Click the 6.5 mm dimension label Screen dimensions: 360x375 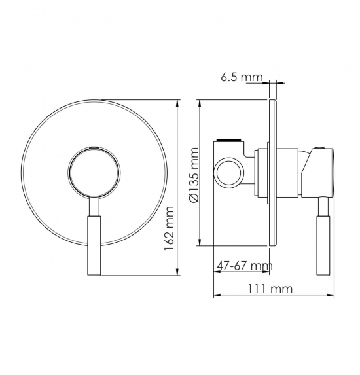(242, 77)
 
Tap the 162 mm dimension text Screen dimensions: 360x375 (169, 228)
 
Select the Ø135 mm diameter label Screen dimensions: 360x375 (194, 175)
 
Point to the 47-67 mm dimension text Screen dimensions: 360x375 (245, 266)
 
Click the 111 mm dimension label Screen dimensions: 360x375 (270, 289)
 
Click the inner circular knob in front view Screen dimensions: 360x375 (94, 172)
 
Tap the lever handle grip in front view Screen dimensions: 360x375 (94, 245)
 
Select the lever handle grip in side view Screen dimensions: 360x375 (323, 245)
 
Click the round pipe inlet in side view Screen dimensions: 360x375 (230, 171)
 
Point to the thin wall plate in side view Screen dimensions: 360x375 (273, 172)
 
